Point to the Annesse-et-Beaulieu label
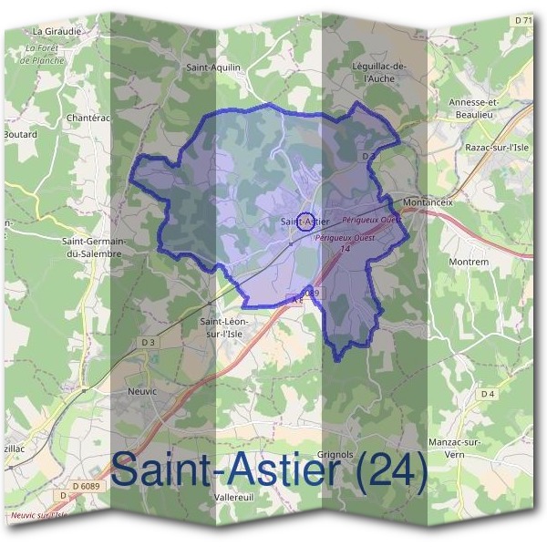[475, 108]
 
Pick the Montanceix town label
[428, 202]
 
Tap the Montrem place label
[470, 262]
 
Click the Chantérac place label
[88, 118]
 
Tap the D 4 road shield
[489, 394]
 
